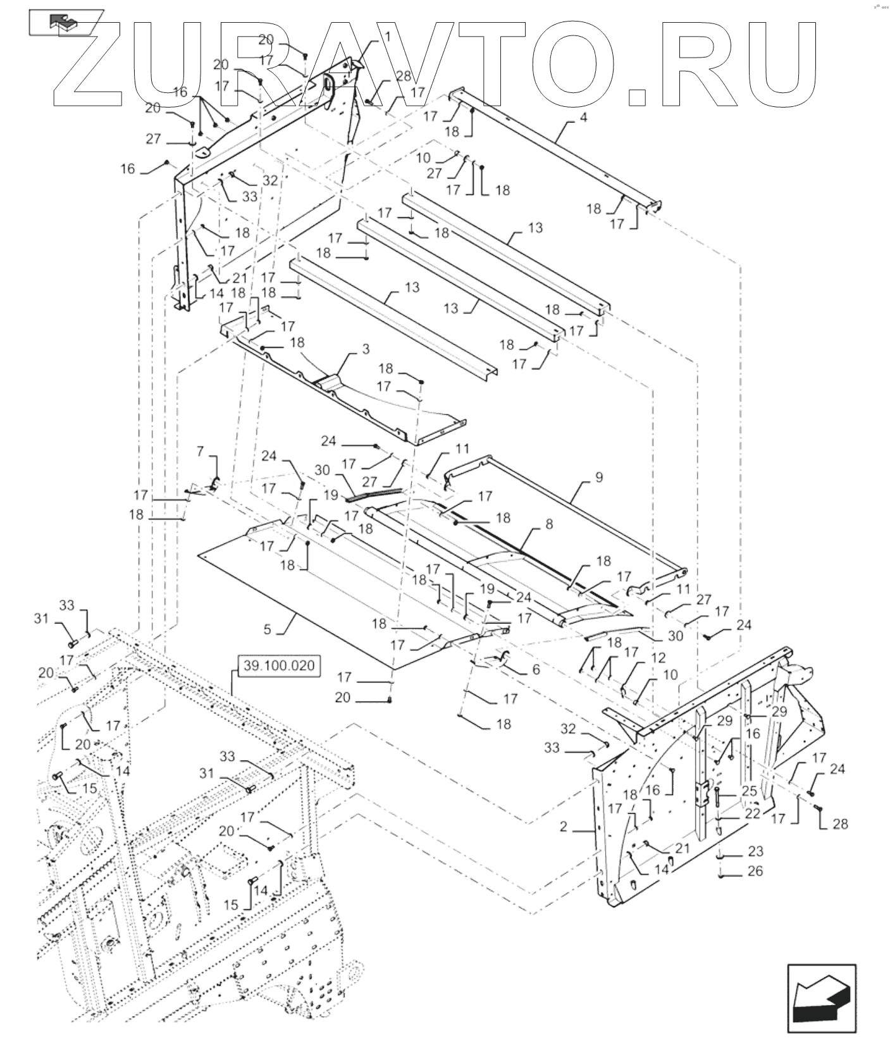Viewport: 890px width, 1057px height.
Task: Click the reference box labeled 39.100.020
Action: [x=277, y=666]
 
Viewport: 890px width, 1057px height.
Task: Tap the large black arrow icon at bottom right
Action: [x=821, y=998]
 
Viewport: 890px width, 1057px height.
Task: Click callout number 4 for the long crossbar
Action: [x=583, y=118]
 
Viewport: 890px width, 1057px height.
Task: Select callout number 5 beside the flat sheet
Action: [x=268, y=629]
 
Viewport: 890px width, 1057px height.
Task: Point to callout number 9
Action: [x=598, y=477]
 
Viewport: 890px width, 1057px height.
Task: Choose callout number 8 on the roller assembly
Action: [x=548, y=524]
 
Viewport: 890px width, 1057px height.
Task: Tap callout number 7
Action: [x=200, y=450]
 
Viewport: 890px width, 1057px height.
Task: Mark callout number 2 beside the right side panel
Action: [x=564, y=827]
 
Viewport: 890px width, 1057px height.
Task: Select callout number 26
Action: [x=755, y=871]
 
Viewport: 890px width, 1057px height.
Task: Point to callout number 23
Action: [x=755, y=851]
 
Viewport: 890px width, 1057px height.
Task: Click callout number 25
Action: [x=749, y=791]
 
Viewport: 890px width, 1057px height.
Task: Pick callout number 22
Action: [x=751, y=814]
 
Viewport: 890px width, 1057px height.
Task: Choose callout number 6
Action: [x=536, y=669]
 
